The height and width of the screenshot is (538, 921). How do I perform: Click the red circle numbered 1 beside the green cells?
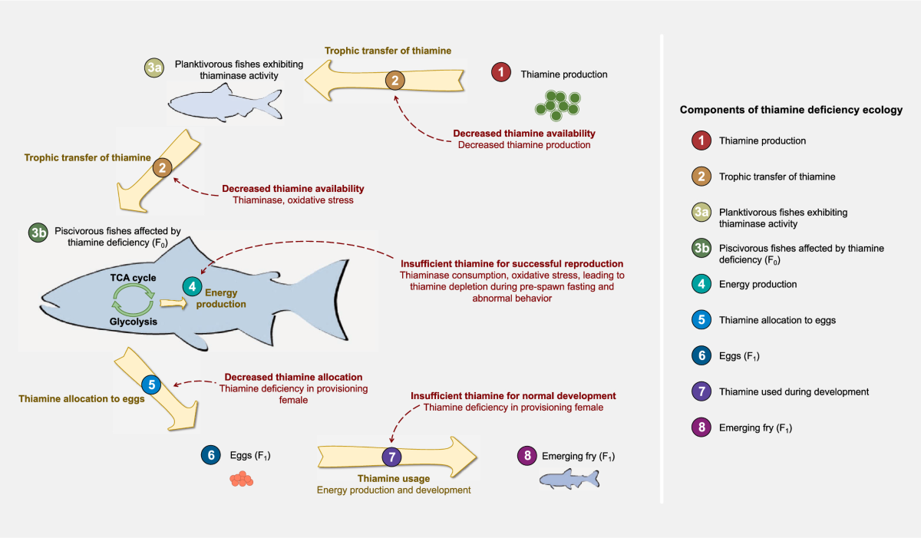pos(500,72)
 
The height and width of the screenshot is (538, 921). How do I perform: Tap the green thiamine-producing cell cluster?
pos(557,106)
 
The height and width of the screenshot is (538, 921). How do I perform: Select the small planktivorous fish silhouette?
pos(225,103)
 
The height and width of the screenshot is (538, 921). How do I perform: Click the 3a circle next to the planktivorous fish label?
pos(154,68)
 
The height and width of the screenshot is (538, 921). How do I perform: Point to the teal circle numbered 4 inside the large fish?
pos(192,286)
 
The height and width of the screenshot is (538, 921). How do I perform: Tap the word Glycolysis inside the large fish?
pos(134,322)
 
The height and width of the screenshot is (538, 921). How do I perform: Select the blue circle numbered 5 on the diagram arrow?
pos(151,385)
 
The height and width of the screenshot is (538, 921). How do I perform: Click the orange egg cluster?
pos(241,479)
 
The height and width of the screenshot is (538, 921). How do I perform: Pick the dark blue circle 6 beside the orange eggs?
pos(211,455)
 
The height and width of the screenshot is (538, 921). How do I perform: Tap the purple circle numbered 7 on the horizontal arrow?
pos(392,457)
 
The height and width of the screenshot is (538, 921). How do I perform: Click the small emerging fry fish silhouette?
pos(569,479)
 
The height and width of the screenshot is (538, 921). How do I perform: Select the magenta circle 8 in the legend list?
pos(701,427)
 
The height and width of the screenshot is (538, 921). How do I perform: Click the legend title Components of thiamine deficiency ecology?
pos(791,110)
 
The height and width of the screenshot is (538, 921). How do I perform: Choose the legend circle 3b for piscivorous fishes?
pos(701,248)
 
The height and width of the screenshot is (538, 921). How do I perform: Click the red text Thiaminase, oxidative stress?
pos(293,200)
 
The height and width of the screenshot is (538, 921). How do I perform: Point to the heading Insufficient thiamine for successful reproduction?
pos(512,264)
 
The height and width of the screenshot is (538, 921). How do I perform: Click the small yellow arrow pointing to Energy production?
pos(173,303)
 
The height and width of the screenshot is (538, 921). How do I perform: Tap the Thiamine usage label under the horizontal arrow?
pos(394,478)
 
